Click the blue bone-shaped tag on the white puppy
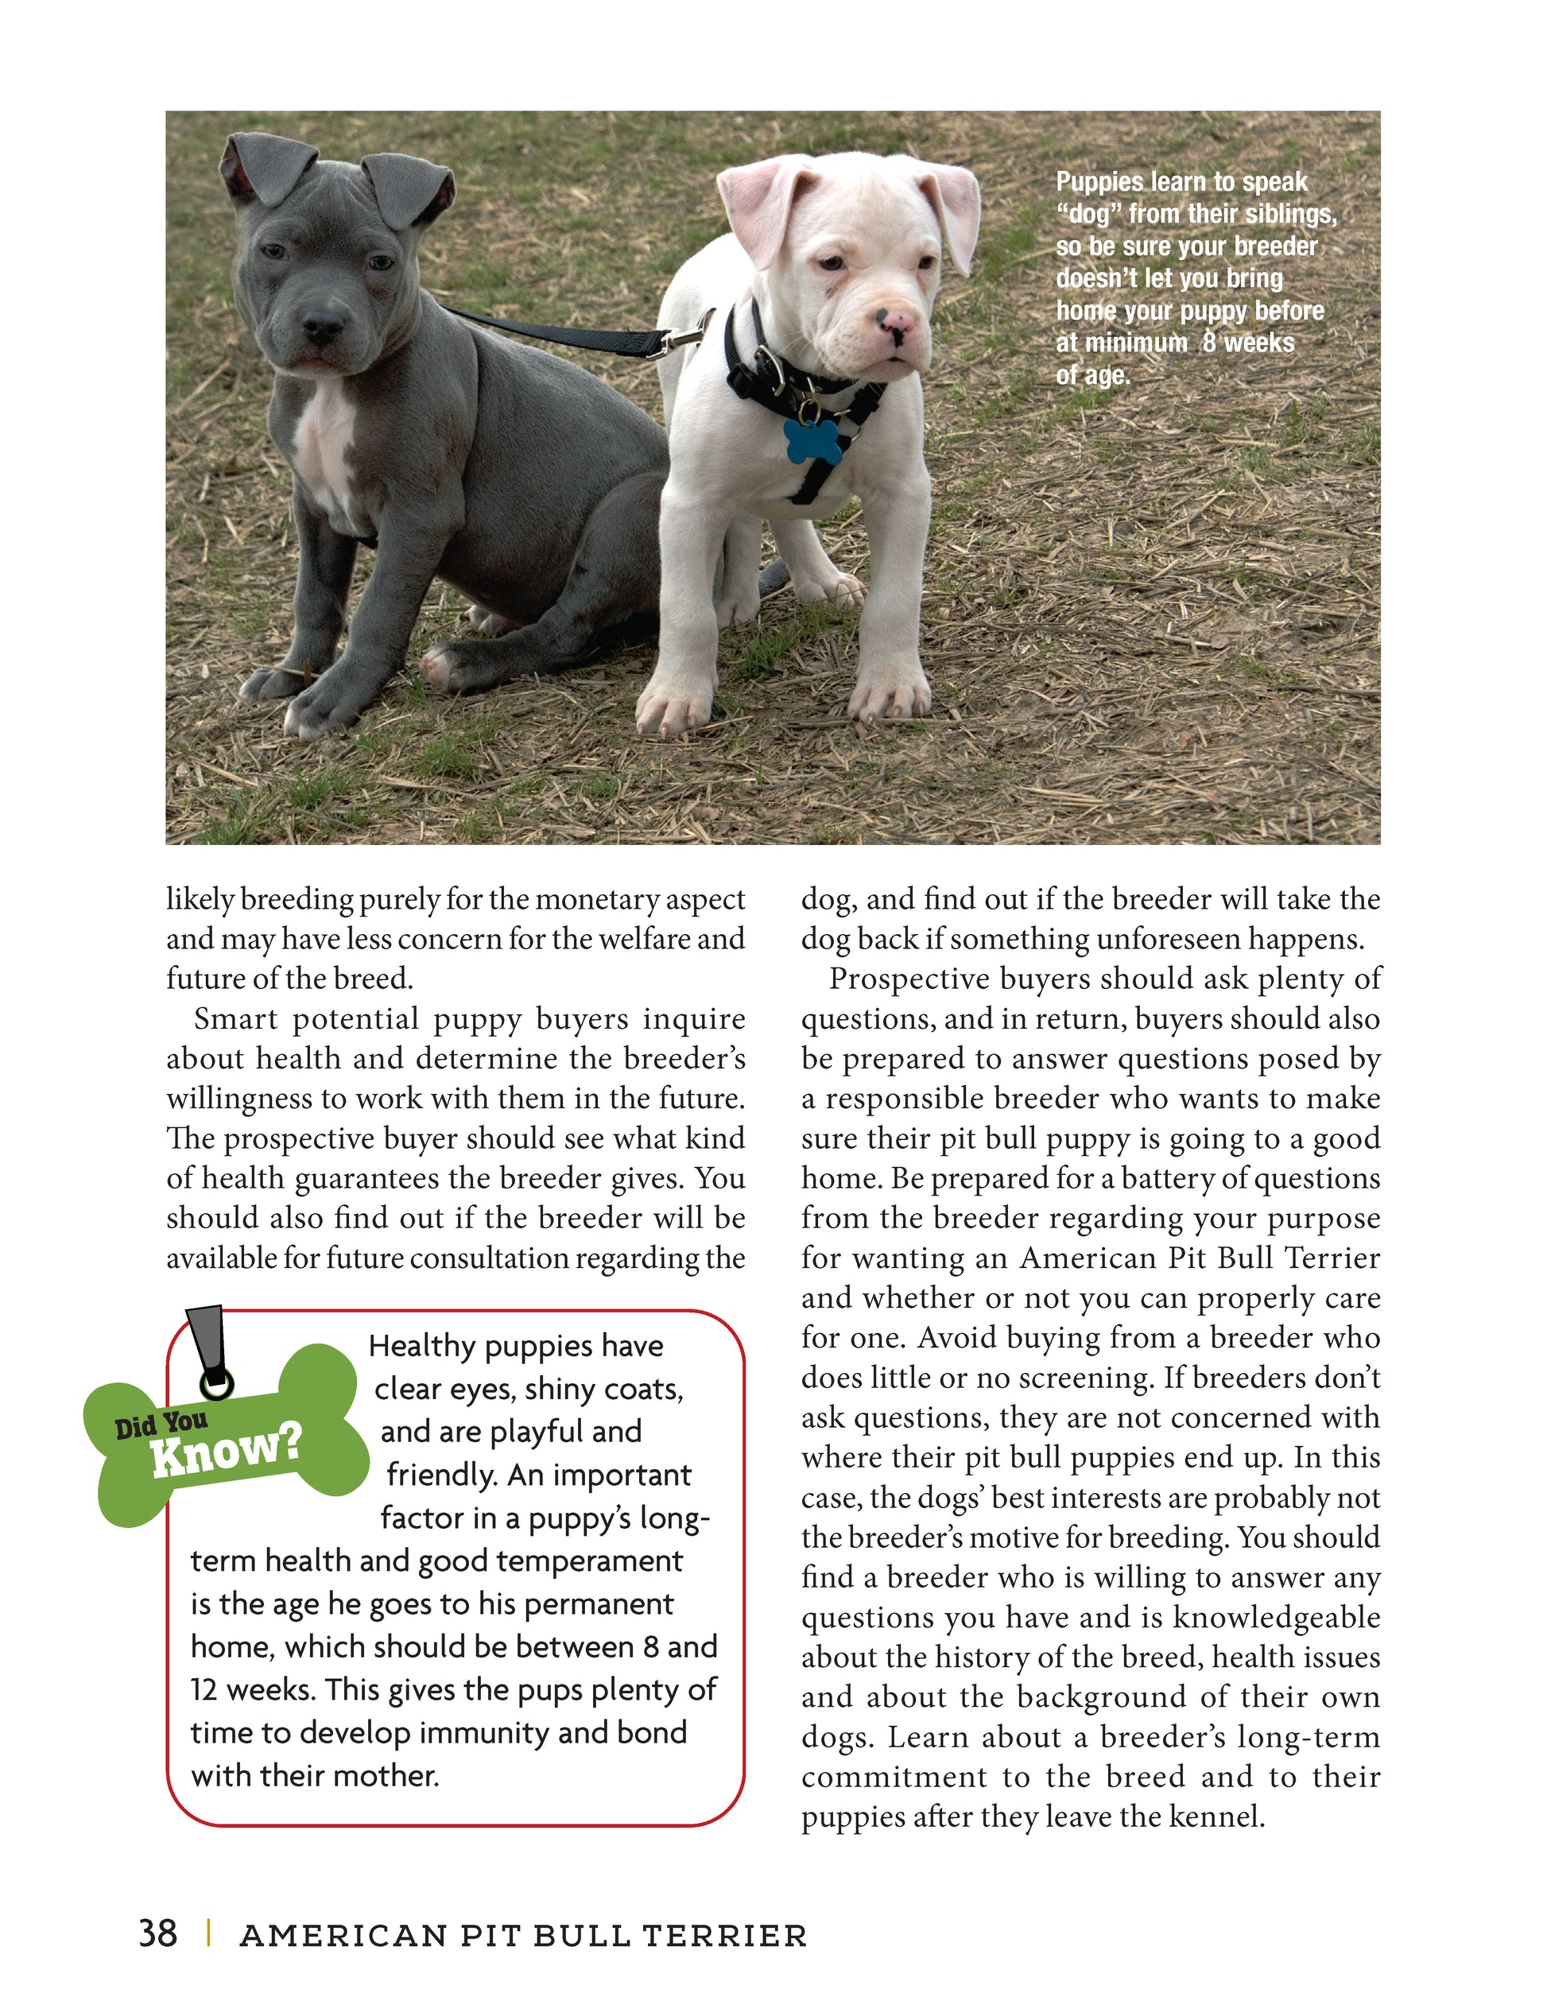pos(813,440)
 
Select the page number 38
pos(157,1933)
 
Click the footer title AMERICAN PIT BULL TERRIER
pos(522,1934)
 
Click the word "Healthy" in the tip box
pos(421,1346)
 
